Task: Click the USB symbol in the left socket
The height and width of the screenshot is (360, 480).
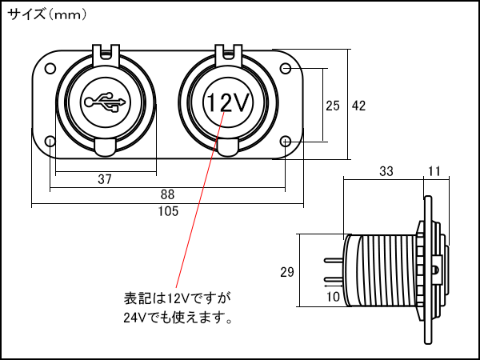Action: coord(105,102)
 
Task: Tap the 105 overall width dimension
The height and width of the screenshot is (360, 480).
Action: coord(168,211)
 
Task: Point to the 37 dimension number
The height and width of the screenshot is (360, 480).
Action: coord(105,179)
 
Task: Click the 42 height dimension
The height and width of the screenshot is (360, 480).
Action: coord(359,106)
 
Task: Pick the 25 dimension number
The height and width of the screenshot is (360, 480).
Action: coord(334,106)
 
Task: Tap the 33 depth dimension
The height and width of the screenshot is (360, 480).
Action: coord(386,171)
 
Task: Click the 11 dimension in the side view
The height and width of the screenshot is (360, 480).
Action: coord(435,171)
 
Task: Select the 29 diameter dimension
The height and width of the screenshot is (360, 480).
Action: coord(287,272)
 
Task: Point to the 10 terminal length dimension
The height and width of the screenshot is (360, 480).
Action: coord(334,297)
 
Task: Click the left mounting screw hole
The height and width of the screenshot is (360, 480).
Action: coord(50,142)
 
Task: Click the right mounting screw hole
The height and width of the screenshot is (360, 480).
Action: coord(287,142)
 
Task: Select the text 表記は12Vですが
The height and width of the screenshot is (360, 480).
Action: coord(177,298)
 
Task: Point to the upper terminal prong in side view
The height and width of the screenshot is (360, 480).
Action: coord(333,260)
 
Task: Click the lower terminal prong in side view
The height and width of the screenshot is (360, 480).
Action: coord(333,281)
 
